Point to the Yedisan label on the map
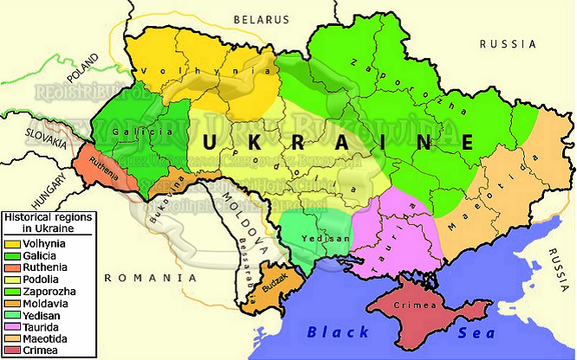tap(317, 238)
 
